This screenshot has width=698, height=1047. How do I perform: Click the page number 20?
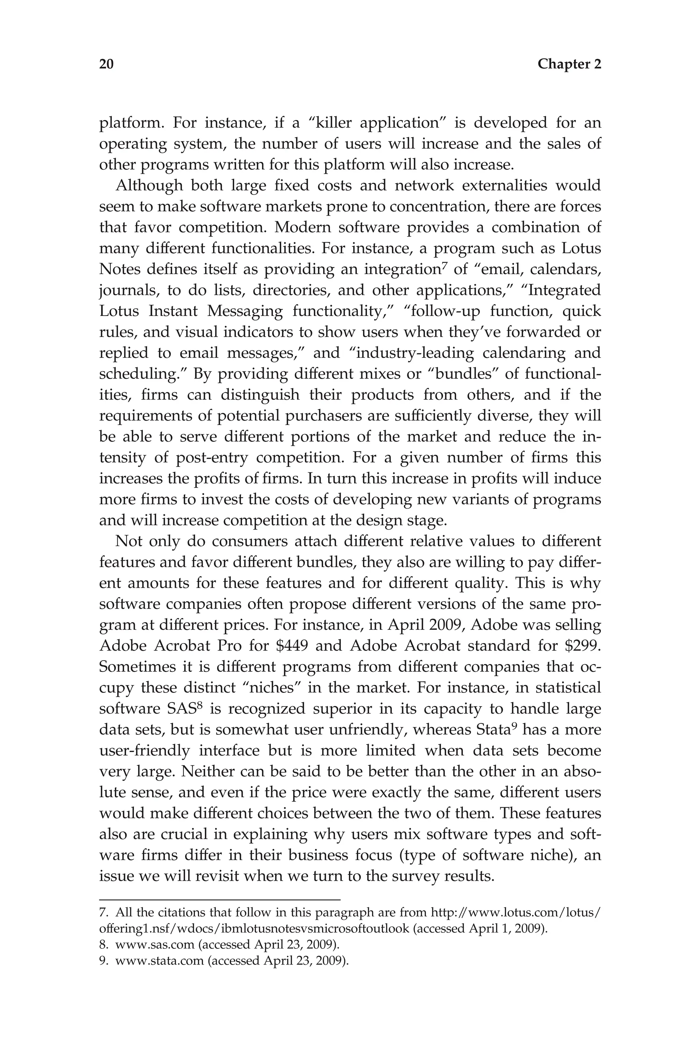pos(106,64)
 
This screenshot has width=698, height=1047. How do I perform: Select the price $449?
pos(292,646)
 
